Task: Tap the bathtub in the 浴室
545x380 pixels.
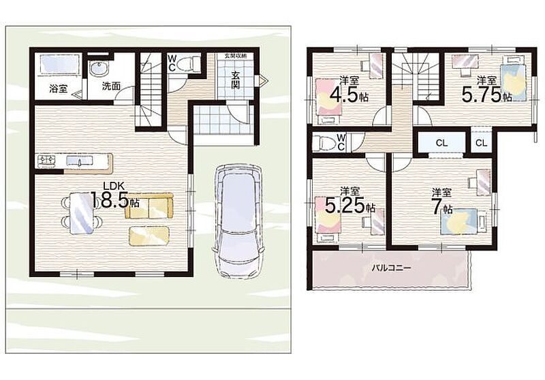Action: [x=59, y=64]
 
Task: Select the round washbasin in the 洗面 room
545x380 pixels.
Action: [x=99, y=68]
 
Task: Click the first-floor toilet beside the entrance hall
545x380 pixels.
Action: [x=187, y=64]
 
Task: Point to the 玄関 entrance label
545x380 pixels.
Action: [x=236, y=80]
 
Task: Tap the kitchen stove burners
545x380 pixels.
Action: [x=48, y=160]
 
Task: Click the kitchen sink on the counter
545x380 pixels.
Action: [x=79, y=161]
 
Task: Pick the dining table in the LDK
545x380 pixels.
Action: [x=81, y=213]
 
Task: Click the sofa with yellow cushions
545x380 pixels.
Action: [x=149, y=206]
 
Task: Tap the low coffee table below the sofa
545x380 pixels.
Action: [x=149, y=236]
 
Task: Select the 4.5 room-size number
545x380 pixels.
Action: [x=344, y=94]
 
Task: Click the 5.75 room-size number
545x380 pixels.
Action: [x=482, y=94]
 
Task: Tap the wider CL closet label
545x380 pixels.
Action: [x=441, y=143]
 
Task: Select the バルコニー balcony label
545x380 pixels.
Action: [x=391, y=268]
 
